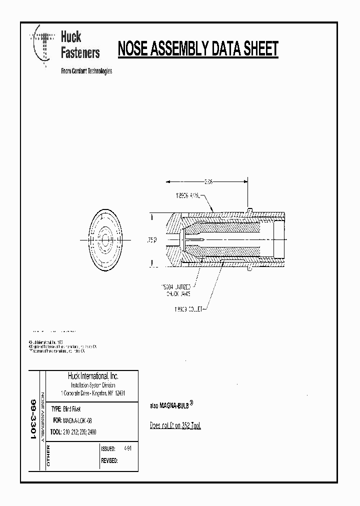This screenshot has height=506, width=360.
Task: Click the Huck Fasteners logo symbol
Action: click(x=43, y=45)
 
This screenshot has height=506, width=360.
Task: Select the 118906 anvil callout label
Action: click(x=187, y=197)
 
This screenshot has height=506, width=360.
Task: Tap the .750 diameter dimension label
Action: click(x=151, y=240)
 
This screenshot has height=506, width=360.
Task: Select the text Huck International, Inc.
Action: click(x=92, y=376)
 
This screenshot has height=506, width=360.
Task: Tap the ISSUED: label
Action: click(x=108, y=449)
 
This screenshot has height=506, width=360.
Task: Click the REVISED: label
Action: click(x=109, y=461)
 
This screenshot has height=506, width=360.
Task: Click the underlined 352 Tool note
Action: click(x=175, y=425)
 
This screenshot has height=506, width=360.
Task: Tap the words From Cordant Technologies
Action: click(x=86, y=70)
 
